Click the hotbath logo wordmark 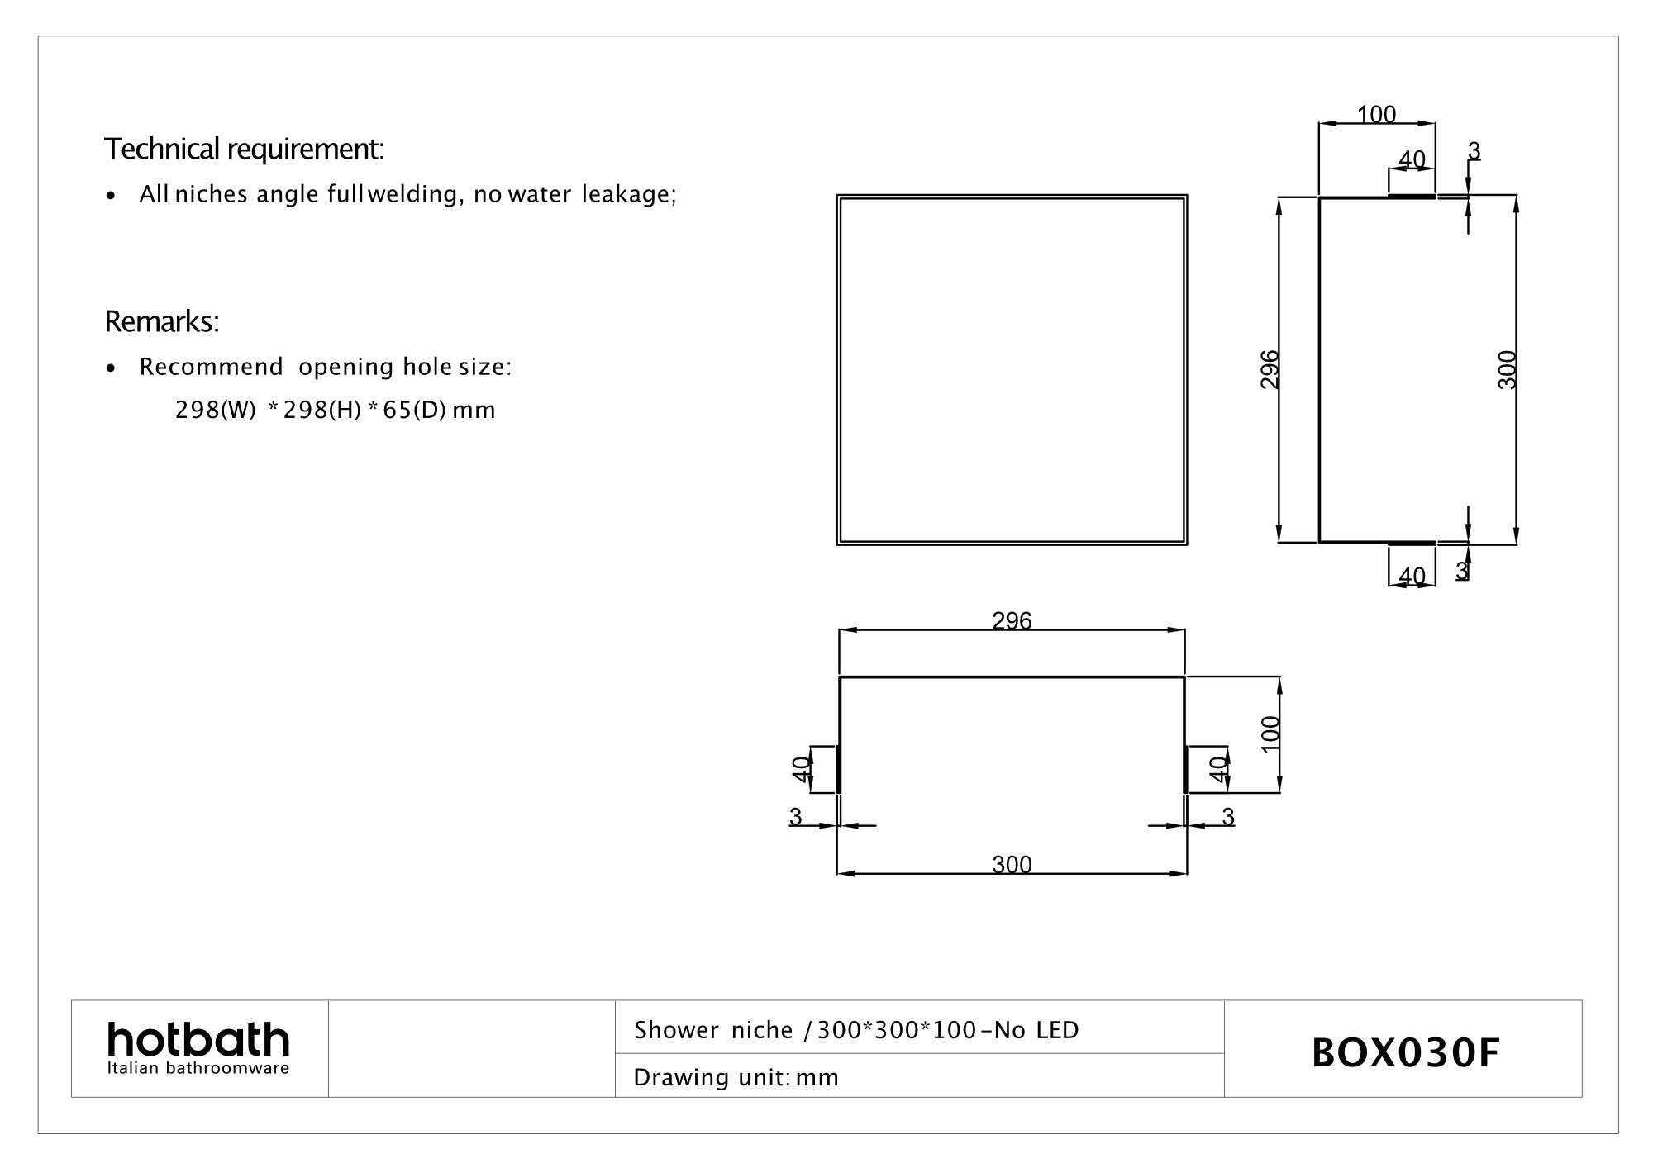point(198,1040)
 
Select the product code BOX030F point(1405,1053)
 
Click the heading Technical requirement point(244,150)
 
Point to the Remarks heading point(162,322)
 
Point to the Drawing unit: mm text point(736,1077)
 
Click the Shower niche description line point(856,1030)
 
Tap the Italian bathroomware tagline point(198,1069)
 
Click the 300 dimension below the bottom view point(1012,865)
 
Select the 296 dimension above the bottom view point(1012,620)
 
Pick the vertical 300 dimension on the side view point(1508,369)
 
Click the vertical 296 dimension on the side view point(1270,369)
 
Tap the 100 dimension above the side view point(1376,115)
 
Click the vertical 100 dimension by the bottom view point(1271,734)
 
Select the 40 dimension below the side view point(1412,576)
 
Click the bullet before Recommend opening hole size point(111,368)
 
